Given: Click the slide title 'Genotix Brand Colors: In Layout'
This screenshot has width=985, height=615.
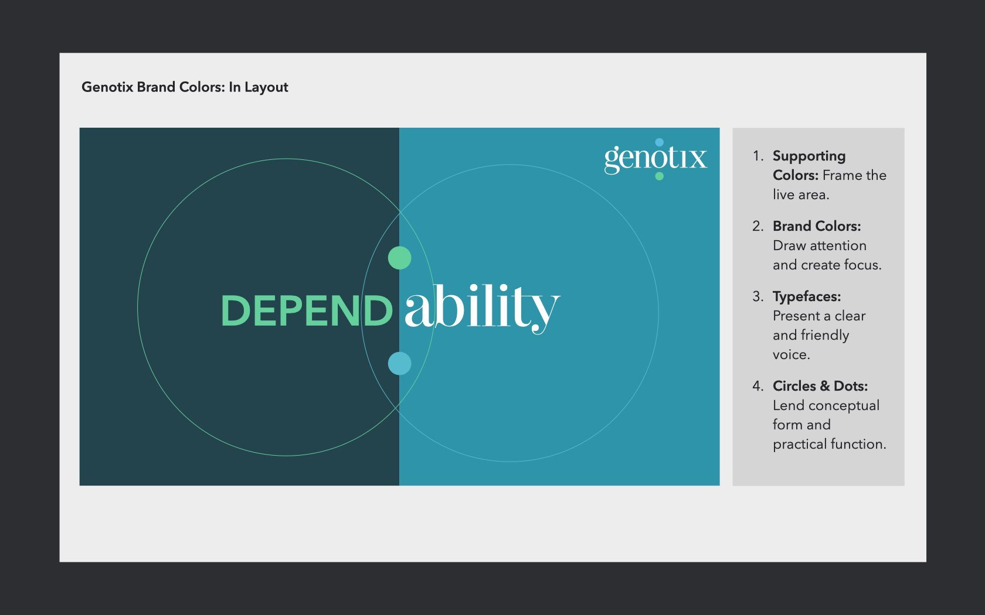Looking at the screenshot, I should [185, 87].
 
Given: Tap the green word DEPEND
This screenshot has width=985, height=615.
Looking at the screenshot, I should [307, 310].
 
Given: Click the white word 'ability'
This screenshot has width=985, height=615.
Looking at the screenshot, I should [481, 307].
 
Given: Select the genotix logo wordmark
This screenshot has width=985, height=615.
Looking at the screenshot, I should [655, 158].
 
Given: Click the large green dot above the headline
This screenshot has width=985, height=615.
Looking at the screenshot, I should [400, 258].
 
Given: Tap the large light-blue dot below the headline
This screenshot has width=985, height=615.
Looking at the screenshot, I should [400, 363].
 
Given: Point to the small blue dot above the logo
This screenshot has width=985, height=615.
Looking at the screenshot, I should [659, 142].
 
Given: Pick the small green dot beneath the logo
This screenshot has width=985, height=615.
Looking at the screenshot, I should [659, 176].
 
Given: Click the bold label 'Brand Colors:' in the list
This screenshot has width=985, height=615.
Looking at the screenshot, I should [817, 226].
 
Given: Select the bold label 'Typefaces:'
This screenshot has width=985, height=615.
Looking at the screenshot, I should [807, 296].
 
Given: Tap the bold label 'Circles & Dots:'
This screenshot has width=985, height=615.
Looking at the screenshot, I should [820, 386].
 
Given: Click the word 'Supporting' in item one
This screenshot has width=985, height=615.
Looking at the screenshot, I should [809, 156].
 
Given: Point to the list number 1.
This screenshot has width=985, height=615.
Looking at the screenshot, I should [758, 156].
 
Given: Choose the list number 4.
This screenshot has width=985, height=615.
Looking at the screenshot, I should [758, 386].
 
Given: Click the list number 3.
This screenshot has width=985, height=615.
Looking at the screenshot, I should [758, 296].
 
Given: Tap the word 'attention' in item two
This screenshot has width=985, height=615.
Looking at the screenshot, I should [838, 245].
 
